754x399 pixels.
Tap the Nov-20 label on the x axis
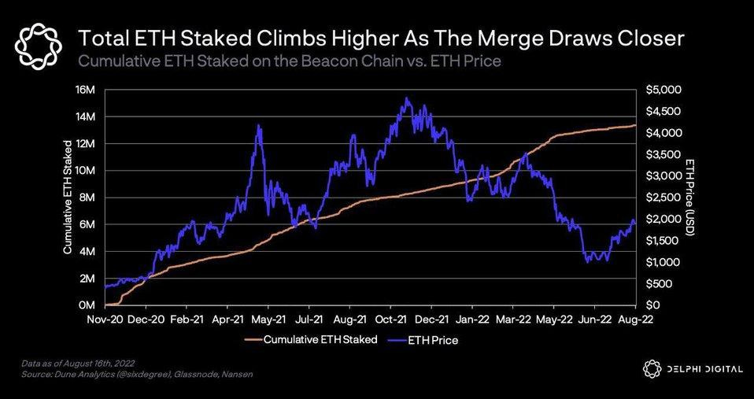pos(105,320)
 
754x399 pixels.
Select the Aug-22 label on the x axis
pos(635,320)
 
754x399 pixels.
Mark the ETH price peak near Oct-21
pos(405,98)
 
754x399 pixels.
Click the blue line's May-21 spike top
pos(259,125)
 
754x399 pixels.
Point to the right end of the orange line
pos(636,125)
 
